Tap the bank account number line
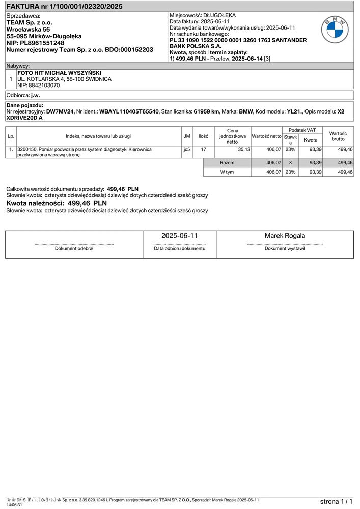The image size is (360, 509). [238, 40]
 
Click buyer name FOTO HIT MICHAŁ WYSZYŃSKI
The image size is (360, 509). [59, 73]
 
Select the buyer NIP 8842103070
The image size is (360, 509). [39, 86]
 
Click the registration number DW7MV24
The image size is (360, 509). [60, 111]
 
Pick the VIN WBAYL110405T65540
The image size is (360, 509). [129, 111]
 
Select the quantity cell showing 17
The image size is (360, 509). [203, 149]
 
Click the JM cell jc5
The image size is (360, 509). [187, 149]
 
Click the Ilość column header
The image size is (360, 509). [203, 136]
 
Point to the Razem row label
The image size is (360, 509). [227, 162]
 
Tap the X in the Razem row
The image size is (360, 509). [290, 162]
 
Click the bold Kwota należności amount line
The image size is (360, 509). [57, 203]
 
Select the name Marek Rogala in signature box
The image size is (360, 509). [285, 236]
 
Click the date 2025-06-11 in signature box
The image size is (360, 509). [179, 236]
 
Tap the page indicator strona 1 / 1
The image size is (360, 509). [336, 501]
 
